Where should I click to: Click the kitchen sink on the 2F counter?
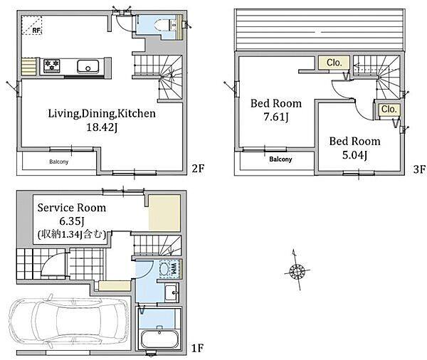pyautogui.click(x=88, y=66)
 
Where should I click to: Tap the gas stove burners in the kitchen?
pyautogui.click(x=52, y=65)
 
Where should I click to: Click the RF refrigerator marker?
pyautogui.click(x=32, y=26)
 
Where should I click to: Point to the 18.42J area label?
pyautogui.click(x=102, y=127)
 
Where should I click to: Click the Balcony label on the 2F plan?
pyautogui.click(x=59, y=162)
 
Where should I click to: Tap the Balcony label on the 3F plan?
pyautogui.click(x=280, y=159)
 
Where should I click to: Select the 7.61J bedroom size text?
pyautogui.click(x=276, y=117)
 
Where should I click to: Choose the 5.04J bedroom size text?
pyautogui.click(x=354, y=155)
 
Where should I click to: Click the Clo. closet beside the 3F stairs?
pyautogui.click(x=334, y=63)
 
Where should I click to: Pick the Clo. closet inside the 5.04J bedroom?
pyautogui.click(x=389, y=110)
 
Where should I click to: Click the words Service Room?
pyautogui.click(x=72, y=208)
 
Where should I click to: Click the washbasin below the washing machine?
pyautogui.click(x=172, y=293)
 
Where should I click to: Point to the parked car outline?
pyautogui.click(x=68, y=322)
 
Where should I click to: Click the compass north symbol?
pyautogui.click(x=297, y=270)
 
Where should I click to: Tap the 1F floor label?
pyautogui.click(x=197, y=348)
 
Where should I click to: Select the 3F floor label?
pyautogui.click(x=419, y=169)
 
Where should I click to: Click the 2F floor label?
pyautogui.click(x=198, y=169)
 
